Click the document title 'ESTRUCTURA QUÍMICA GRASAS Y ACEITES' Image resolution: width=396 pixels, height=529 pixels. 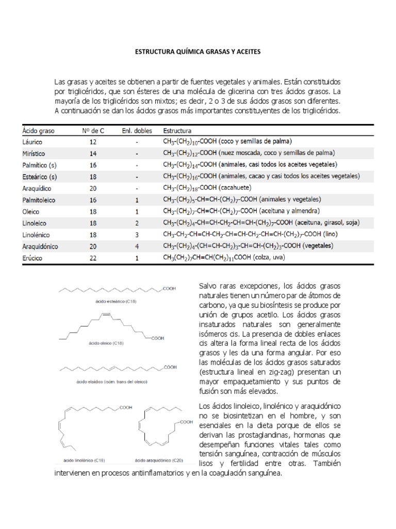click(198, 52)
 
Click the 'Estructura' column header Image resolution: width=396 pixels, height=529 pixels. click(177, 131)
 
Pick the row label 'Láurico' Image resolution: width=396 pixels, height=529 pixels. click(32, 141)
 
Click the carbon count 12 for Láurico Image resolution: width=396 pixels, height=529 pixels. click(93, 141)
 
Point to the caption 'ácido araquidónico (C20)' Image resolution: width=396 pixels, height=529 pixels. click(158, 459)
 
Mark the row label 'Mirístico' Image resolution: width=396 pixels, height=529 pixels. click(34, 153)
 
